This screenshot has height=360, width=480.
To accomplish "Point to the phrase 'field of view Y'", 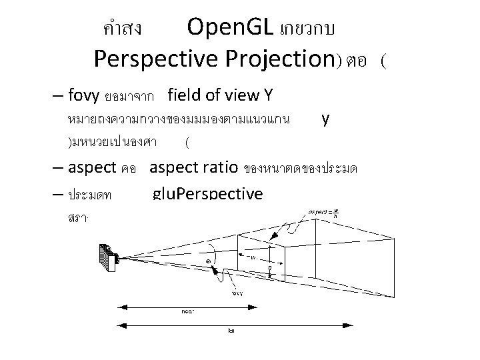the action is (x=220, y=95).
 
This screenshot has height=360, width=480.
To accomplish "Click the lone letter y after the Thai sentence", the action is (x=325, y=119).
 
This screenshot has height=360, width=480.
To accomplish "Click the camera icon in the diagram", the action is (x=107, y=256).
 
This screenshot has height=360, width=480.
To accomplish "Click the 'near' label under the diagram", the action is (x=187, y=311).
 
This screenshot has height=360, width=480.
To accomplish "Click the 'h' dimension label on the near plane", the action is (x=269, y=269).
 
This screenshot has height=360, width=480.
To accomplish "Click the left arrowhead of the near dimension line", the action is (x=121, y=306).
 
